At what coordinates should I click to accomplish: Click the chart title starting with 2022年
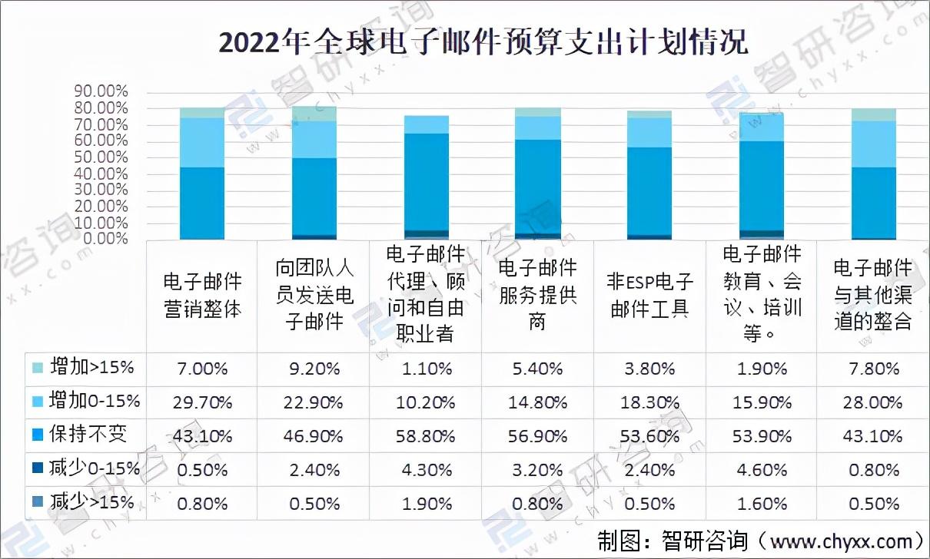point(483,42)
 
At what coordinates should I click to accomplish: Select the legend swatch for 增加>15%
point(36,368)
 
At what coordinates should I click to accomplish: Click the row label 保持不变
point(88,435)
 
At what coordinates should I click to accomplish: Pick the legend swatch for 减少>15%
point(36,503)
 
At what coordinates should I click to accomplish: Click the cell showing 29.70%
point(203,402)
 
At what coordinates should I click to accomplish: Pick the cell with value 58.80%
point(427,435)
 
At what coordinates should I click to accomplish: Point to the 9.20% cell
point(314,369)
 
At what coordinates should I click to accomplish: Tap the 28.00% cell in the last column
point(874,402)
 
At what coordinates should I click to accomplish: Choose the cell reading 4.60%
point(762,469)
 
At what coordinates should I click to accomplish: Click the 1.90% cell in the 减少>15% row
point(427,504)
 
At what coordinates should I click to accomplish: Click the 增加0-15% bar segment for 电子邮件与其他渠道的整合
point(874,144)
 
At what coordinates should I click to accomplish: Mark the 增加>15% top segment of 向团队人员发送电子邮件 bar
point(314,114)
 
